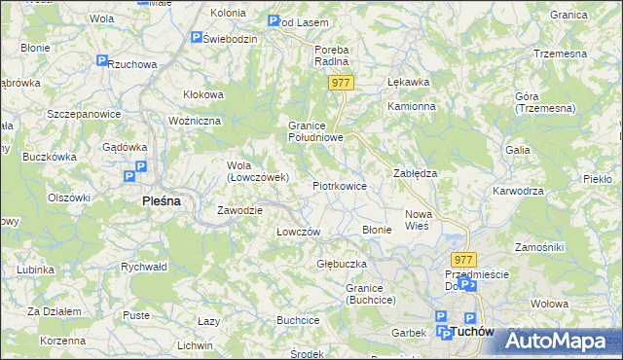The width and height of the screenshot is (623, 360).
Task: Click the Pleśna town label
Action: pyautogui.click(x=156, y=201)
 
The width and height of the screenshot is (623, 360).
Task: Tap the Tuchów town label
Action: pyautogui.click(x=473, y=332)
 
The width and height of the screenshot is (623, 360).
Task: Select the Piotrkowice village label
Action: pyautogui.click(x=339, y=185)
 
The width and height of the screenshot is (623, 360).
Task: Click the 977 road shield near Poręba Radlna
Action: pyautogui.click(x=340, y=84)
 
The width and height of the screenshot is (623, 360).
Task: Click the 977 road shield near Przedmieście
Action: pyautogui.click(x=463, y=260)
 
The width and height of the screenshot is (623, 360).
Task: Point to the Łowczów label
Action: pyautogui.click(x=298, y=232)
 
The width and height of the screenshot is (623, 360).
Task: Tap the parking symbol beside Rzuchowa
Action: pyautogui.click(x=102, y=61)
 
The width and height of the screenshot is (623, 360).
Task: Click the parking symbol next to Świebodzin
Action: pyautogui.click(x=197, y=38)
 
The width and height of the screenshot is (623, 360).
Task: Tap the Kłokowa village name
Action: pyautogui.click(x=203, y=94)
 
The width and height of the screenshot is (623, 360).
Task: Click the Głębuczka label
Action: pyautogui.click(x=341, y=264)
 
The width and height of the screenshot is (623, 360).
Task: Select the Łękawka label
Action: pyautogui.click(x=408, y=83)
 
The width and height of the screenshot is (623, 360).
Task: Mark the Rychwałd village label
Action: pyautogui.click(x=144, y=266)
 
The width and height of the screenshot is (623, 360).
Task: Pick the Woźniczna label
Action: pyautogui.click(x=196, y=120)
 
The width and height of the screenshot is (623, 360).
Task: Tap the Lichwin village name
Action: pyautogui.click(x=195, y=345)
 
